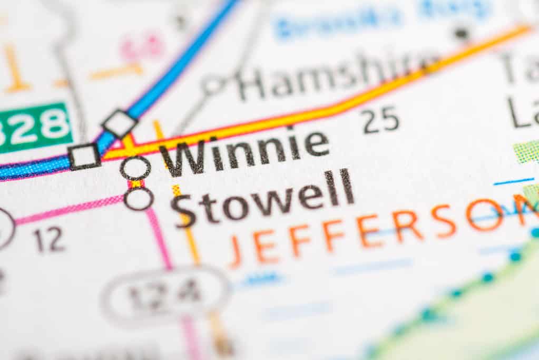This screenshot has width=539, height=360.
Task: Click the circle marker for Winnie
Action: click(x=135, y=168)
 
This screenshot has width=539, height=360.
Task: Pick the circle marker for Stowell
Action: click(x=139, y=199)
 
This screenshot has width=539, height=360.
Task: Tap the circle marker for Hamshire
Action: click(x=213, y=85)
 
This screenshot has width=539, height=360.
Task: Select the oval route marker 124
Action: click(x=166, y=291)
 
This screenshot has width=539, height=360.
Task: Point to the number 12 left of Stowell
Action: click(x=49, y=240)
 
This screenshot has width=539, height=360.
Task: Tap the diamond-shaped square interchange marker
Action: click(x=120, y=124)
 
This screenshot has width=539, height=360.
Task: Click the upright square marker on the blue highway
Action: click(x=84, y=157)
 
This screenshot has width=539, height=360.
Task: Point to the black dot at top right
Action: click(x=461, y=33)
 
